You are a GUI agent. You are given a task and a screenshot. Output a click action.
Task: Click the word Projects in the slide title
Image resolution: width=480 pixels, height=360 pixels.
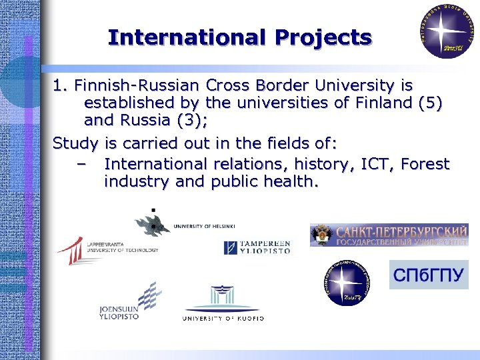(323, 37)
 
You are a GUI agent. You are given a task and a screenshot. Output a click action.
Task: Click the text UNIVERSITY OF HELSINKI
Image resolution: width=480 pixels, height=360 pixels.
(204, 226)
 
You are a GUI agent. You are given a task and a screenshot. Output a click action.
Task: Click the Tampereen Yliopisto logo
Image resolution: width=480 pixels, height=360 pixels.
(257, 247)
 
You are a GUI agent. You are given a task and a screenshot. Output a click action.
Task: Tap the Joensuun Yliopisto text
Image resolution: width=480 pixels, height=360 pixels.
(119, 313)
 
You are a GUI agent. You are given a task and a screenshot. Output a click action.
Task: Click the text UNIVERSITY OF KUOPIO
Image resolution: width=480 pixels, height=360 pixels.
(223, 319)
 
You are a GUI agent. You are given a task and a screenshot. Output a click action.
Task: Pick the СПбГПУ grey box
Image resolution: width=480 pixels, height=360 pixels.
(429, 275)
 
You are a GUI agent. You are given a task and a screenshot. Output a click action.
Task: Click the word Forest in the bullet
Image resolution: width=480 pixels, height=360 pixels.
(425, 164)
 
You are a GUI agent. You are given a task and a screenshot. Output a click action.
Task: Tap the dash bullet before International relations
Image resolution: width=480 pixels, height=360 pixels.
(81, 164)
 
